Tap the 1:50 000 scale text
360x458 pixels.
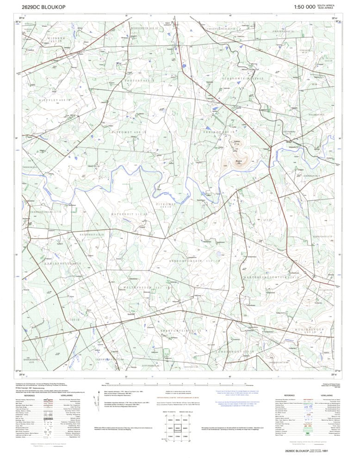click(304, 6)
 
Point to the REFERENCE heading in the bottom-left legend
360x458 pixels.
click(30, 396)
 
